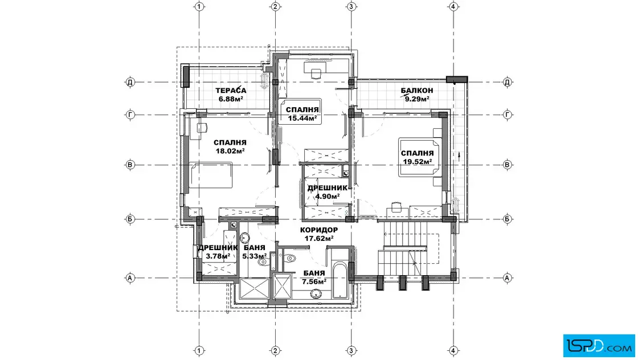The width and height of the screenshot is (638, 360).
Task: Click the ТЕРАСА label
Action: point(231,91)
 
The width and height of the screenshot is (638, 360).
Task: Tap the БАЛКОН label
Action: point(416,91)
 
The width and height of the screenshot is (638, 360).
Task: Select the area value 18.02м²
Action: point(230,151)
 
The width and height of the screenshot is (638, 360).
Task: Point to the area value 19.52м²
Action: point(418,162)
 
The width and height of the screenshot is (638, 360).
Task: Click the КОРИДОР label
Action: point(319,230)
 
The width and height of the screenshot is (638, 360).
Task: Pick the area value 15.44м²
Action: point(302,118)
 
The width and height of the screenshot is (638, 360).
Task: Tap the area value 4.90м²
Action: point(328,197)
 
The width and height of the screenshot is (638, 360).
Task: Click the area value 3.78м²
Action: point(218,256)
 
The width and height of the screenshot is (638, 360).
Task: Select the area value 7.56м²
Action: point(314,281)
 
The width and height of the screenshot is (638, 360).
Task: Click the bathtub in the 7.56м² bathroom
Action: point(340,280)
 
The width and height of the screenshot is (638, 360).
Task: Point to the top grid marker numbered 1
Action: point(199,6)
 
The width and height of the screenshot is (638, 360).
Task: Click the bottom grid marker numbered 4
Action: point(453,351)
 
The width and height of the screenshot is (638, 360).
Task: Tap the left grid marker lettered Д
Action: point(130,82)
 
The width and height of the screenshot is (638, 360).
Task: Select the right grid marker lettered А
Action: point(507,278)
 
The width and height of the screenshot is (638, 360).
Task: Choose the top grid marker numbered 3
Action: point(351,6)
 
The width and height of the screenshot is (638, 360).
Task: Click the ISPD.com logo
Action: point(599,346)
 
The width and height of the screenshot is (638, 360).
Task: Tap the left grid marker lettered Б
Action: point(130,219)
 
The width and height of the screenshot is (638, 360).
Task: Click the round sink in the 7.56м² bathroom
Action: point(316,294)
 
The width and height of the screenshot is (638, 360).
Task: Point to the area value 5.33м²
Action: point(255,256)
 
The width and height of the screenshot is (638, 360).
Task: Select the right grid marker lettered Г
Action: point(507,114)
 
